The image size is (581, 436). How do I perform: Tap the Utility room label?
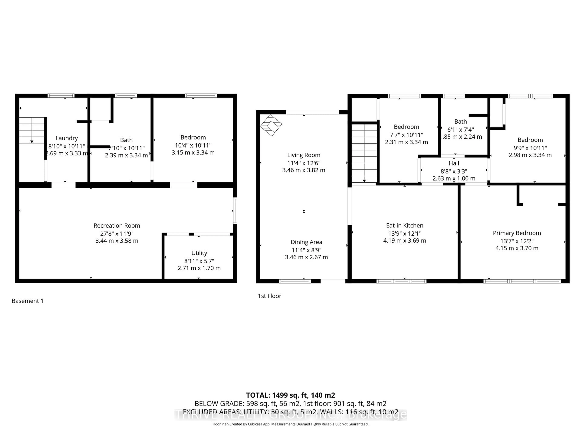pyautogui.click(x=199, y=253)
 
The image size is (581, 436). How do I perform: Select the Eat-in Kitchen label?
pyautogui.click(x=404, y=225)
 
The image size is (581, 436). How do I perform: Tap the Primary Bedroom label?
pyautogui.click(x=517, y=233)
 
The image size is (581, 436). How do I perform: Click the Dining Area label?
pyautogui.click(x=306, y=242)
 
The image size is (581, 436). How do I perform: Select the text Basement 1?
pyautogui.click(x=28, y=301)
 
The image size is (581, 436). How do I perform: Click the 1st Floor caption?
pyautogui.click(x=269, y=296)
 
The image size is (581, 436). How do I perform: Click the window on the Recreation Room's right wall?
pyautogui.click(x=235, y=211)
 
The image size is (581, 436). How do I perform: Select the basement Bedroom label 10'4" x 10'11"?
pyautogui.click(x=193, y=137)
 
